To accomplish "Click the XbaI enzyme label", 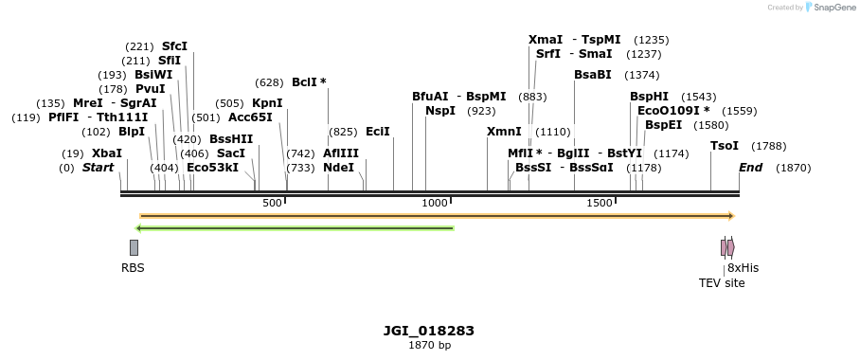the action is (106, 153).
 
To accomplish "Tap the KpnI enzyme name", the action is (267, 103).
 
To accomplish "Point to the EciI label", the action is (377, 132).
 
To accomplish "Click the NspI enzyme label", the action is (440, 111).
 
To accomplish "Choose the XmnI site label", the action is (504, 132).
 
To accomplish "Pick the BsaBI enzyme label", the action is (593, 75).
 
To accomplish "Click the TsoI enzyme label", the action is (725, 146).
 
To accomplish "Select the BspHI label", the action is (650, 97).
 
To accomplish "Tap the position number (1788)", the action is (769, 146).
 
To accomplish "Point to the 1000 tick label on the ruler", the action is (435, 203).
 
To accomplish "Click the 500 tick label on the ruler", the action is (272, 203).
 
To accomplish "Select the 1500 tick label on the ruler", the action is (600, 203).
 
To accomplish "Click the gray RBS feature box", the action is (134, 247).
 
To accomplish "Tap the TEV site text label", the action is (722, 282).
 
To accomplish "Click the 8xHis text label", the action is (743, 268).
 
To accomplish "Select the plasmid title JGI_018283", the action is (429, 331).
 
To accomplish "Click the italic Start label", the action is (98, 168).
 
